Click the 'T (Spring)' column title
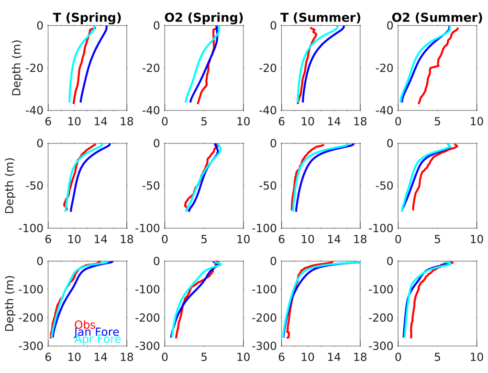[87, 18]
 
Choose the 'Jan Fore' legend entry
[97, 332]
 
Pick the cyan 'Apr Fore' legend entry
[97, 340]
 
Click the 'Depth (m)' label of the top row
[17, 68]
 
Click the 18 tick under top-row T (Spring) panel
[127, 121]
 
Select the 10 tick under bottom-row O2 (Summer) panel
[477, 356]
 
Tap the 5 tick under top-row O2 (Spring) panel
[204, 121]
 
